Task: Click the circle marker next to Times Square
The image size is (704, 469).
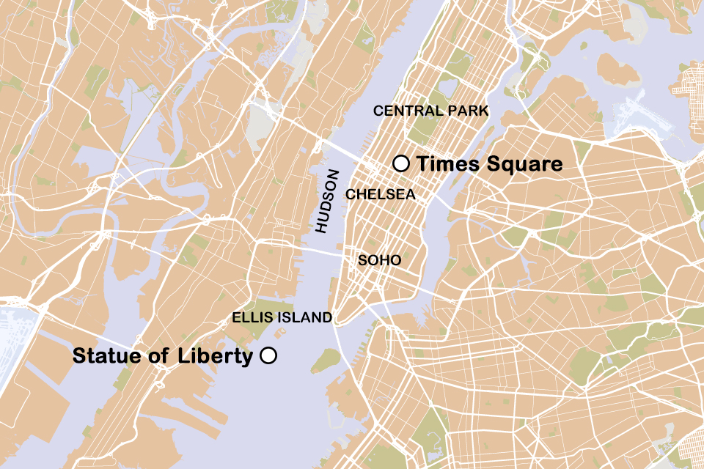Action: (400, 163)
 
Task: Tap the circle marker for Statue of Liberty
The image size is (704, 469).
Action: (268, 356)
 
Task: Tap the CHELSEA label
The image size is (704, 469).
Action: (380, 196)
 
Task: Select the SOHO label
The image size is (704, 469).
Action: (379, 260)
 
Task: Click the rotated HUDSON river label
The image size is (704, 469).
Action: (328, 202)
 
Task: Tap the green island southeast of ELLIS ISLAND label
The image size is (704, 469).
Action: (327, 359)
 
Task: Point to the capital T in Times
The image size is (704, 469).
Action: (422, 164)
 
